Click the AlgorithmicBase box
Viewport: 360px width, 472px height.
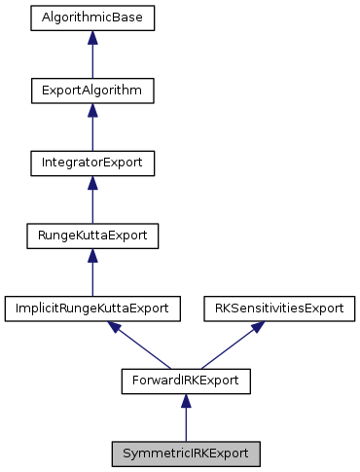(92, 18)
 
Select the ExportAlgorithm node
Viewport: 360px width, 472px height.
(92, 91)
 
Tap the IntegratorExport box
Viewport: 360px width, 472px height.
(92, 163)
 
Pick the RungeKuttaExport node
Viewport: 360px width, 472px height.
(92, 236)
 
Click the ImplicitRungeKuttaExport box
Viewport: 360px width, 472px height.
(92, 309)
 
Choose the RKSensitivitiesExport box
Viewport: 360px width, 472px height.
(279, 309)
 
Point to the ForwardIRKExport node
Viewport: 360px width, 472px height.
(186, 381)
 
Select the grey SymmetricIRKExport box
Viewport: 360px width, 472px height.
(186, 454)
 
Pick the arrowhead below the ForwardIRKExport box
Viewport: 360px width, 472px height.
(186, 402)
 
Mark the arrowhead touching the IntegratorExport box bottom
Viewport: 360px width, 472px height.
(92, 184)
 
